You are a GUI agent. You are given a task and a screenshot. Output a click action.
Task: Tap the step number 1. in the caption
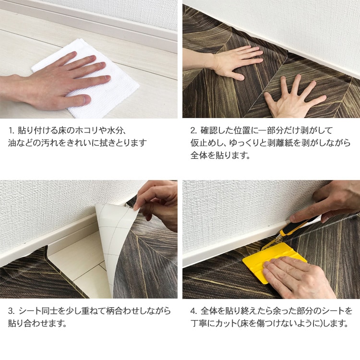point(12,131)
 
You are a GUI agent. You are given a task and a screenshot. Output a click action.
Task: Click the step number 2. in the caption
point(194,131)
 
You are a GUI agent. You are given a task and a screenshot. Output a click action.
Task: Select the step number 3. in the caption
point(12,311)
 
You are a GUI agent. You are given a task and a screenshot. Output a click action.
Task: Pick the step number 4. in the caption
point(194,311)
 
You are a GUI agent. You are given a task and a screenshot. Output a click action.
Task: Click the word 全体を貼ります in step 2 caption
point(220,155)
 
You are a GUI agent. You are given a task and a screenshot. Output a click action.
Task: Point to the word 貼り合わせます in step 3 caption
point(37,324)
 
